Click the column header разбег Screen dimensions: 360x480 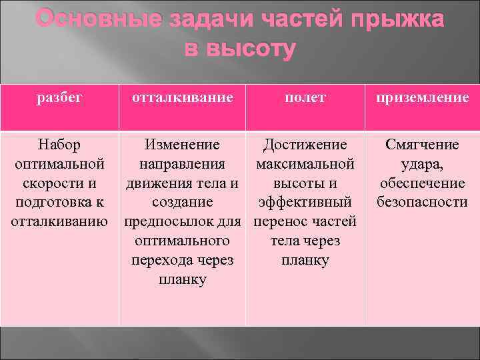tap(59, 99)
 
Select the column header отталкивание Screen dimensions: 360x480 tap(182, 98)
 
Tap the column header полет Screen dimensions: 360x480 tap(305, 99)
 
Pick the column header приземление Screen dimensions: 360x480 tap(422, 99)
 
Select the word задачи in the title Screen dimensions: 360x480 tap(212, 19)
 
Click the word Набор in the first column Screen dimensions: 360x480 tap(59, 145)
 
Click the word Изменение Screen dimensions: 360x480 tap(182, 145)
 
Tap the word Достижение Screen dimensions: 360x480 tap(305, 145)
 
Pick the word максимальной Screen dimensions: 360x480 tap(305, 164)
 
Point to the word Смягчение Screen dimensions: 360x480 tap(422, 145)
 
